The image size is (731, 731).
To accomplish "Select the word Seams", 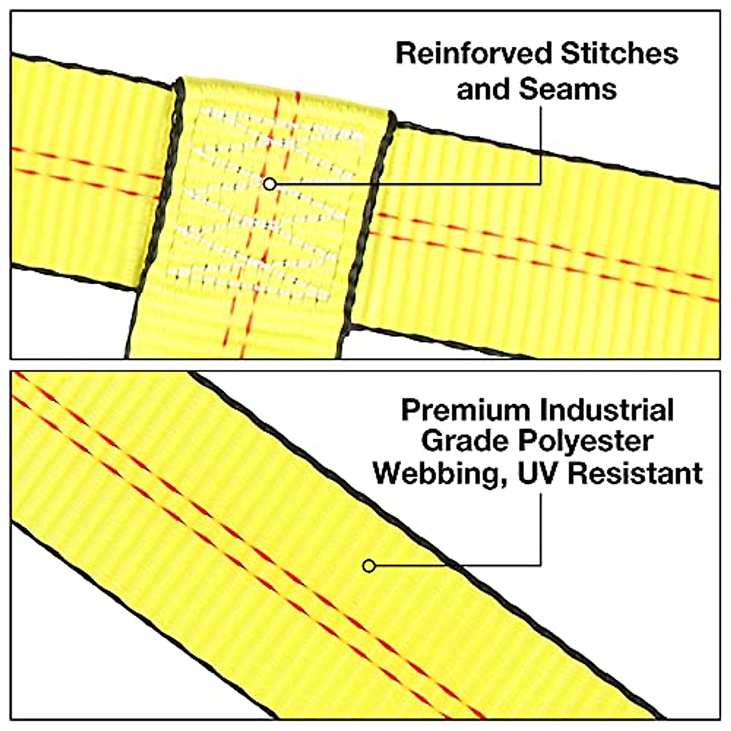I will coord(568,89).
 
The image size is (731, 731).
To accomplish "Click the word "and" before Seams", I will coord(483,89).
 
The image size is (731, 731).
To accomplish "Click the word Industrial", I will coord(607,411).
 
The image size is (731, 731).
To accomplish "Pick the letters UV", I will coord(536,473).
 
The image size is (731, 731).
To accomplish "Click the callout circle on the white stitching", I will coord(270,183).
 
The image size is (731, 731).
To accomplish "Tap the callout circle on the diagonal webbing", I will coord(369,566).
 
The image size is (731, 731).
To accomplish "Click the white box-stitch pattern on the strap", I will coord(262,207).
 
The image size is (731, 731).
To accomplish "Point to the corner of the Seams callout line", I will coord(540,183).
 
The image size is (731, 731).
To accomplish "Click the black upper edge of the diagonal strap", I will coord(426,536).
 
